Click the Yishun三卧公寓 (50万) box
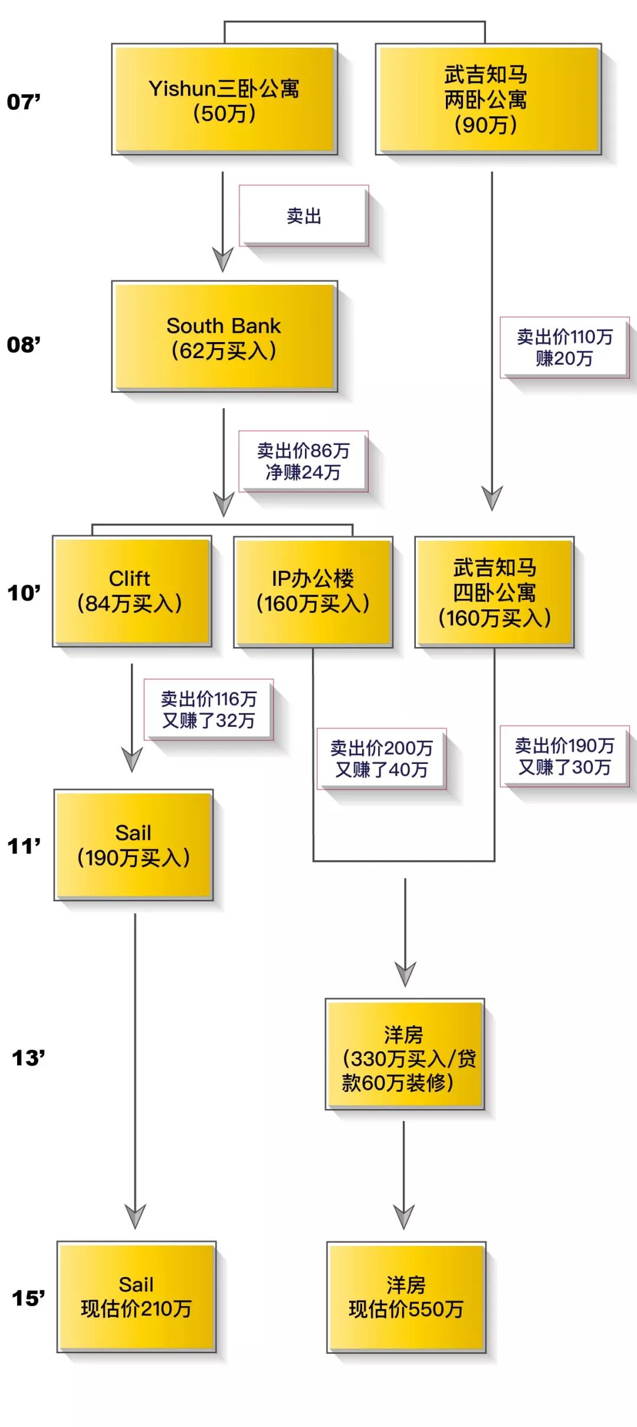[224, 100]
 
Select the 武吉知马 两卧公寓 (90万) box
[488, 100]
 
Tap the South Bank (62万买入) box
[224, 337]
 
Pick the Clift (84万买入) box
[132, 591]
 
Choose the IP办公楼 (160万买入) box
[313, 592]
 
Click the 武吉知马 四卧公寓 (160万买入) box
[494, 592]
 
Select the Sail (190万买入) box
[133, 845]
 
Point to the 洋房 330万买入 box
[405, 1054]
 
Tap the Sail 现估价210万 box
[136, 1297]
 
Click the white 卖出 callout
[304, 216]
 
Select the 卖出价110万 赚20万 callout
[564, 347]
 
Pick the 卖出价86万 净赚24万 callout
[303, 461]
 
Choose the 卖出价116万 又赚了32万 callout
[209, 710]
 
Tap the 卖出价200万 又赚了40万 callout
[382, 759]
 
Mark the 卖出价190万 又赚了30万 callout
[564, 756]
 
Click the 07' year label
[24, 102]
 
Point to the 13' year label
[28, 1058]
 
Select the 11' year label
[24, 847]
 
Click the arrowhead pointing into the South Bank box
[223, 260]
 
